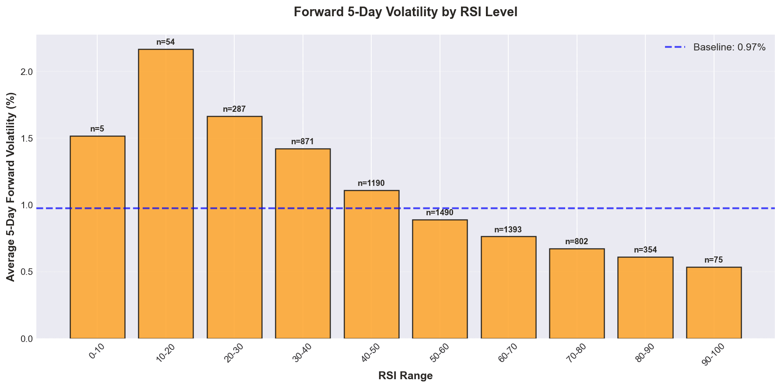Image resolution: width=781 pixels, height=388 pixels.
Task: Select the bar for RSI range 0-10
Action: pyautogui.click(x=97, y=237)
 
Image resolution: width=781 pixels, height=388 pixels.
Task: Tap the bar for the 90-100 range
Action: pyautogui.click(x=714, y=303)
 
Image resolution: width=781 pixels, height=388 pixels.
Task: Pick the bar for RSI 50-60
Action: pyautogui.click(x=440, y=279)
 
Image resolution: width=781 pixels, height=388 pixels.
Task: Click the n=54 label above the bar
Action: pyautogui.click(x=165, y=43)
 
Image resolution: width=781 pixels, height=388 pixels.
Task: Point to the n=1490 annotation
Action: pyautogui.click(x=440, y=213)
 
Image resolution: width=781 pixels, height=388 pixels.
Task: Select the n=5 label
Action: pyautogui.click(x=97, y=129)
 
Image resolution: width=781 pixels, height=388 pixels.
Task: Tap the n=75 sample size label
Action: pyautogui.click(x=714, y=260)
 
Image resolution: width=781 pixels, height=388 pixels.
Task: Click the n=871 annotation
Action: pyautogui.click(x=303, y=142)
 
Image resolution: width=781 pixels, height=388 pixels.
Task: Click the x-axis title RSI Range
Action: pyautogui.click(x=405, y=376)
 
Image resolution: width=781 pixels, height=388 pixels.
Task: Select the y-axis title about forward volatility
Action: pyautogui.click(x=11, y=187)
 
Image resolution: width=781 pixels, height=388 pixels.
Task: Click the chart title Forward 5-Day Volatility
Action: pyautogui.click(x=405, y=12)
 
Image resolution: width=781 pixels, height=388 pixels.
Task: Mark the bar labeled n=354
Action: pyautogui.click(x=645, y=298)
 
